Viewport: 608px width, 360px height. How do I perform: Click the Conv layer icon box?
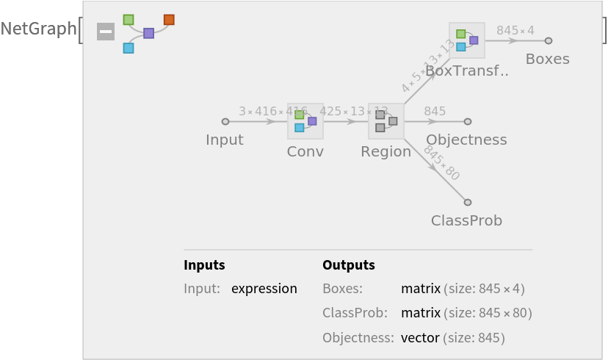[305, 121]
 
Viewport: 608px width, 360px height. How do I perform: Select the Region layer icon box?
[386, 121]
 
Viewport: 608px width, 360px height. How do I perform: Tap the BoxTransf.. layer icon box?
[467, 40]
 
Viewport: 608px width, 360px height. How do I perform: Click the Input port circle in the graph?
[225, 121]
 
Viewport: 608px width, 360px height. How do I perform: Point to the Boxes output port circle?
[548, 40]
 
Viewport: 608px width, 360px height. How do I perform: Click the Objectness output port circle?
[468, 121]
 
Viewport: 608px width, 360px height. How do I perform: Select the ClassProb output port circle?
[467, 202]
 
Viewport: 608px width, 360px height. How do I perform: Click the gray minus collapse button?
[106, 32]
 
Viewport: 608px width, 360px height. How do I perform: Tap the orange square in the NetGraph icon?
[169, 19]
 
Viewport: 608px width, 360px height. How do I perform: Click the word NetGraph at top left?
[38, 29]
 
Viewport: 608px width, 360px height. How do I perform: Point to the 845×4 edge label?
[515, 30]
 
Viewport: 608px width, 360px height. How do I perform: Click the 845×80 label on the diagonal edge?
[441, 163]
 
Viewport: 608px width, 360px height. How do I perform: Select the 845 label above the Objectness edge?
[435, 111]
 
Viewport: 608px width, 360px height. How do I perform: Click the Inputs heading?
[204, 265]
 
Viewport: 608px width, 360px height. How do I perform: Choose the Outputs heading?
[349, 265]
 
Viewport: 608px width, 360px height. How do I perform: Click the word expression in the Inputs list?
[264, 289]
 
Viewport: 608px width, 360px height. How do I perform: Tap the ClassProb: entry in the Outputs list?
[355, 313]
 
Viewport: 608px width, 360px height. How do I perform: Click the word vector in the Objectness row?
[420, 338]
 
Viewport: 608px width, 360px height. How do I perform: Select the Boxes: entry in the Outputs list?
[342, 289]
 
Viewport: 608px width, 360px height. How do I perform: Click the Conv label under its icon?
[305, 151]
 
